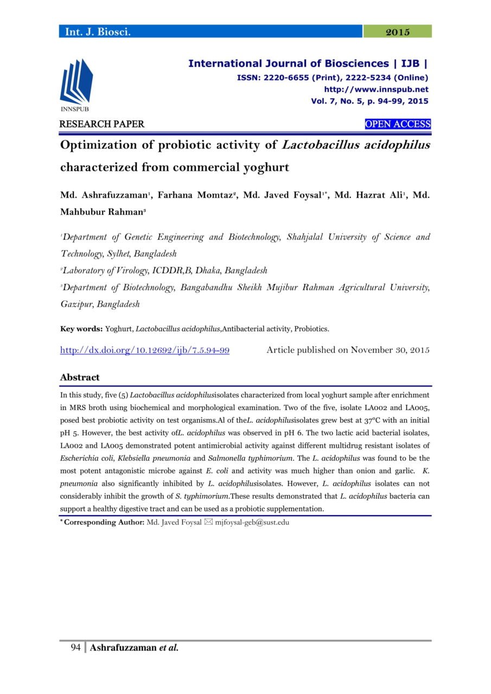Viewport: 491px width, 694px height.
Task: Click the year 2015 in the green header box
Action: (397, 32)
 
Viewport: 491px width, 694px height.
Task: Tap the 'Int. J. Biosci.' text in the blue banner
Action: (98, 32)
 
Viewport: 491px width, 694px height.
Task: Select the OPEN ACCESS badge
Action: (398, 124)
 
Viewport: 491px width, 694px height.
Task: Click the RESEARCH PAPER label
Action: (102, 124)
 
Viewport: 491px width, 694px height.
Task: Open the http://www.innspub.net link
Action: (376, 89)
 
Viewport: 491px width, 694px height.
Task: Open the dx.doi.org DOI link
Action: (144, 350)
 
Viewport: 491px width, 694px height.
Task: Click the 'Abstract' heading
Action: (80, 377)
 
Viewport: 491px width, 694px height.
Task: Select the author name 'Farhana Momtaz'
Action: (195, 196)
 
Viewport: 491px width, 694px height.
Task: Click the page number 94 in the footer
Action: (75, 648)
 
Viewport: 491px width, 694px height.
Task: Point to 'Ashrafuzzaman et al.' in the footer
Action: (134, 648)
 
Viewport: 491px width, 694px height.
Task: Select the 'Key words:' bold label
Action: (81, 329)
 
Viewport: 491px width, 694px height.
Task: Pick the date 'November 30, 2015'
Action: (390, 350)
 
